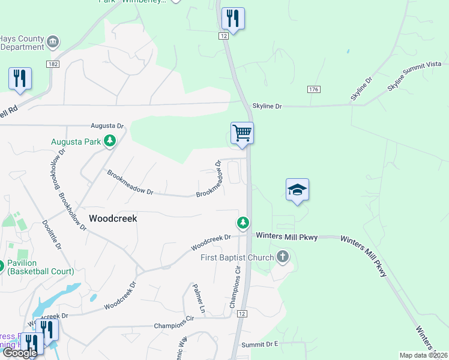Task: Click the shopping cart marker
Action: [242, 133]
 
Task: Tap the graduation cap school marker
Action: [297, 190]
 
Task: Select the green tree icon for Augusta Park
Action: [110, 141]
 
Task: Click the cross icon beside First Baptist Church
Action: [283, 257]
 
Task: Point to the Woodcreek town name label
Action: [113, 218]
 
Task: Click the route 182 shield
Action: [53, 64]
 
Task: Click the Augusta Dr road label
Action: [107, 126]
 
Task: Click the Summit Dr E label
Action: [260, 344]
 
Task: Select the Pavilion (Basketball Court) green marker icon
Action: [1, 265]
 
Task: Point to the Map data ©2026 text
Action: [423, 355]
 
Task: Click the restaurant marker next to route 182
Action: [20, 79]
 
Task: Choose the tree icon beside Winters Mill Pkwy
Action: [243, 223]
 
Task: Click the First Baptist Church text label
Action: [237, 257]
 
